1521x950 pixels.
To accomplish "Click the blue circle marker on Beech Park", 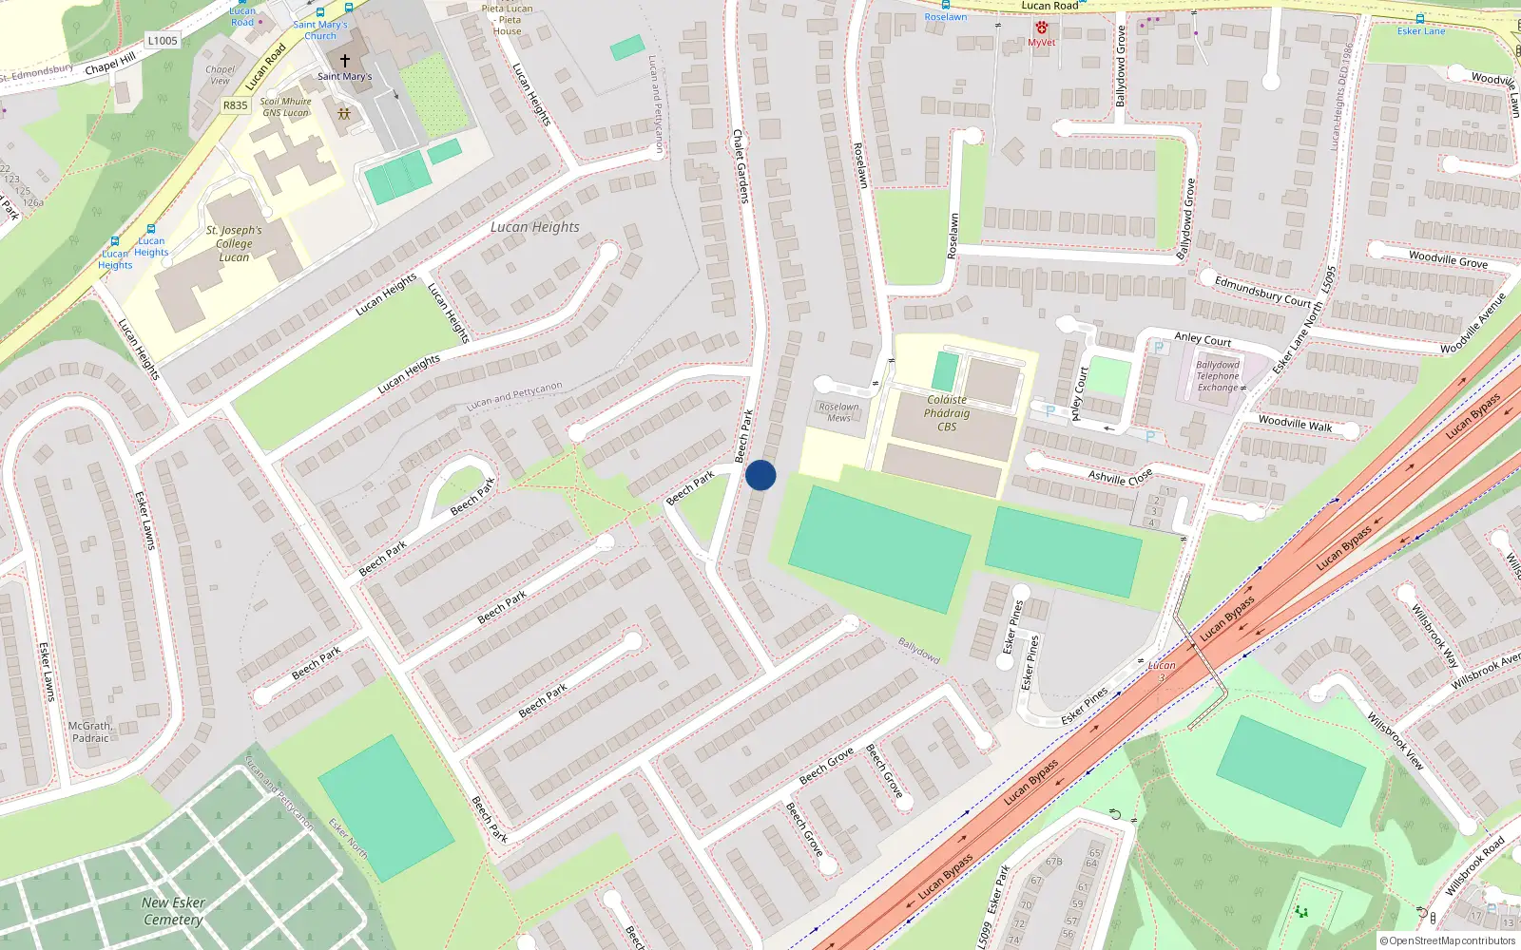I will pyautogui.click(x=760, y=475).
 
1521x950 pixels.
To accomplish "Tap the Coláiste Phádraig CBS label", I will pyautogui.click(x=947, y=413).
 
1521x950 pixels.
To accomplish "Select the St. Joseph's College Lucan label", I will pyautogui.click(x=234, y=243).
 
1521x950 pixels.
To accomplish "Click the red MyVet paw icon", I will pyautogui.click(x=1041, y=28).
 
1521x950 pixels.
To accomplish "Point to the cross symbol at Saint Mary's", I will pyautogui.click(x=344, y=60).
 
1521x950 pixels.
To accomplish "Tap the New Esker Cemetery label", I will pyautogui.click(x=173, y=910).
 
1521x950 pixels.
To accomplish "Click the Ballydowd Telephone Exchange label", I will pyautogui.click(x=1219, y=376).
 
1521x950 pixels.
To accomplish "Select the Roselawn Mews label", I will pyautogui.click(x=838, y=412).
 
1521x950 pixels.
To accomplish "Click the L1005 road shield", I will pyautogui.click(x=163, y=41).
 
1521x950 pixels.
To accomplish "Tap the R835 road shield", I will pyautogui.click(x=235, y=105).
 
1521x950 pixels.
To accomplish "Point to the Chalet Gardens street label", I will pyautogui.click(x=741, y=166).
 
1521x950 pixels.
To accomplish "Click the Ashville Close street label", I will pyautogui.click(x=1121, y=476).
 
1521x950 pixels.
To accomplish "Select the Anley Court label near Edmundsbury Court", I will pyautogui.click(x=1203, y=339).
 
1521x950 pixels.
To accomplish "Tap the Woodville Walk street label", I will pyautogui.click(x=1295, y=424).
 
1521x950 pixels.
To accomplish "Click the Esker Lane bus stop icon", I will pyautogui.click(x=1420, y=19).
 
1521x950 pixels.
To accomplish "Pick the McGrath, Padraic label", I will pyautogui.click(x=90, y=731).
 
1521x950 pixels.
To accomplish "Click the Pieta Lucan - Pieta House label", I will pyautogui.click(x=508, y=19).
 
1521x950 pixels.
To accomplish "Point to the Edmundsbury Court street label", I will pyautogui.click(x=1262, y=291).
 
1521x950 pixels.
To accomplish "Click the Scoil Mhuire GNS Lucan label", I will pyautogui.click(x=286, y=106).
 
